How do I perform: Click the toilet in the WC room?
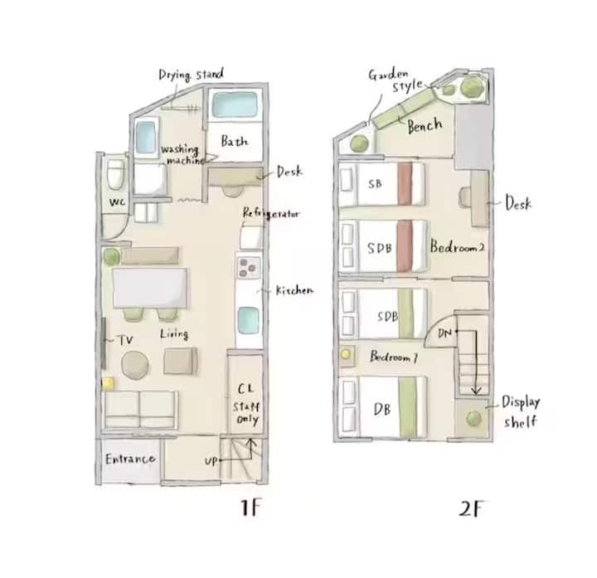coord(116,174)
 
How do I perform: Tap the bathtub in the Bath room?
coord(234,104)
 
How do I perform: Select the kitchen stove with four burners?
coord(249,267)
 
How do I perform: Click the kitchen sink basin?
coord(248,320)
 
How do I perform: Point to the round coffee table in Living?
coord(135,365)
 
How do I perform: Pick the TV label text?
coord(125,340)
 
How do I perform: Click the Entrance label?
coord(130,459)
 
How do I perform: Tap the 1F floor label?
coord(251,508)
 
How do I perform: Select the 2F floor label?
coord(471,508)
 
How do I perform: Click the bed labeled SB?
coord(381,184)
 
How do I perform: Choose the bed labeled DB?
coord(382,406)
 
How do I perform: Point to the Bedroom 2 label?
coord(457,247)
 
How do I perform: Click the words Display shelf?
coord(521,411)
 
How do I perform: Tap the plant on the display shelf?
coord(473,418)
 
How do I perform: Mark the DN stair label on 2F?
coord(444,334)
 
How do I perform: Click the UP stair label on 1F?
coord(211,461)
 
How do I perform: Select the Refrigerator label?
coord(271,213)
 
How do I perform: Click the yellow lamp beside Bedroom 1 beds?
coord(346,354)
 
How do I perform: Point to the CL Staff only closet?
coord(245,394)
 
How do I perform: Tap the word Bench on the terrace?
coord(425,125)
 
